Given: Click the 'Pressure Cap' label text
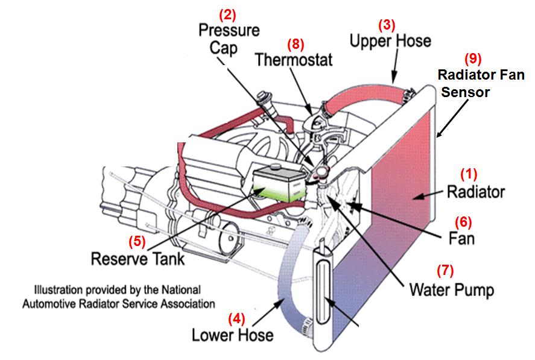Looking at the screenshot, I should click(229, 38).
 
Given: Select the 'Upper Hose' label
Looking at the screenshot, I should click(390, 41).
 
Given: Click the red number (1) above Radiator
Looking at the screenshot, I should click(469, 174).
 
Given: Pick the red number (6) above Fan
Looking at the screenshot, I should click(463, 221).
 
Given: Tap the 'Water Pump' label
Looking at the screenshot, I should click(451, 289).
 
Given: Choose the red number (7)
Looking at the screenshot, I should click(445, 270).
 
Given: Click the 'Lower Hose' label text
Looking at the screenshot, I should click(232, 334).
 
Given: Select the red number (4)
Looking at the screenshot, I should click(236, 317).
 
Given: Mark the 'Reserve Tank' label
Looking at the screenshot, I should click(138, 259).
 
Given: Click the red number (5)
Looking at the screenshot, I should click(138, 241).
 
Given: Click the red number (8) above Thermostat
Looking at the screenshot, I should click(296, 43).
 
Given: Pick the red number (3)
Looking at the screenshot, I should click(386, 25).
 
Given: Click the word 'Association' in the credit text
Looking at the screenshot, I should click(185, 304).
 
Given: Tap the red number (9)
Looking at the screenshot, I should click(473, 59).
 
